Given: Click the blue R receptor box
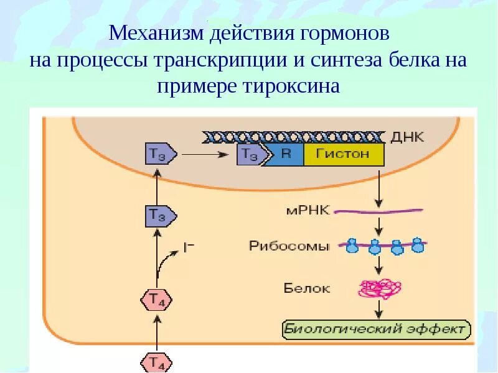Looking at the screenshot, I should [286, 154].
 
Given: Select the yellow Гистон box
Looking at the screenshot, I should [344, 154].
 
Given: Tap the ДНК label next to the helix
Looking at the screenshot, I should [408, 136].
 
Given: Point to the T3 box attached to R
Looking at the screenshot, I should [250, 155].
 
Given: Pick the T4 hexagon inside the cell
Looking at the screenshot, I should [156, 300].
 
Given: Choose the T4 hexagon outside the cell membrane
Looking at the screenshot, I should [156, 362].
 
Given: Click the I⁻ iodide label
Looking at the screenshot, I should [189, 247].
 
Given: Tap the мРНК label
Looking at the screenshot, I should [304, 211].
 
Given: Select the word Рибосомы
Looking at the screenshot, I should [289, 246].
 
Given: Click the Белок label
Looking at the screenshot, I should [307, 288].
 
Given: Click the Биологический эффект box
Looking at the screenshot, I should [376, 328].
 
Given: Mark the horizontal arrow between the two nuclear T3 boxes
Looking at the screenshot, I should [205, 154].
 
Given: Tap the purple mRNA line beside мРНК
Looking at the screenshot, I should [377, 211].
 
